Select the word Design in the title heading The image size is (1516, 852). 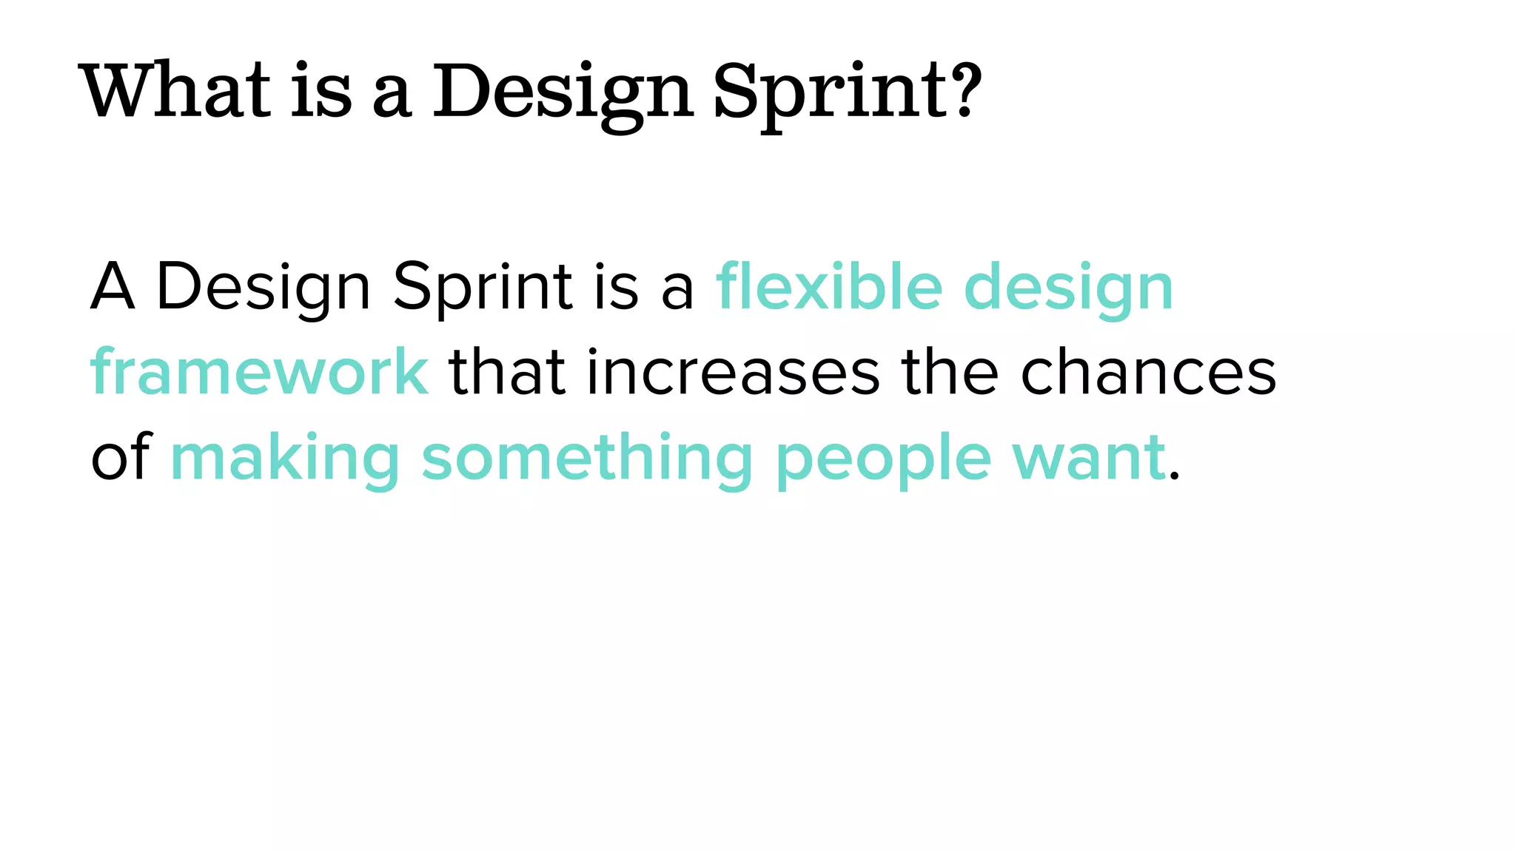pyautogui.click(x=563, y=92)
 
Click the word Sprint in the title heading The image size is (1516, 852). pyautogui.click(x=829, y=92)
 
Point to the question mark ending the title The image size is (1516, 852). pyautogui.click(x=965, y=90)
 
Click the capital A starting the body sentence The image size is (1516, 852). pyautogui.click(x=113, y=286)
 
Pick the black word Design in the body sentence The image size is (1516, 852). pyautogui.click(x=263, y=288)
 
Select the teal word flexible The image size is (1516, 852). pyautogui.click(x=829, y=286)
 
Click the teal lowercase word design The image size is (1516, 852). pyautogui.click(x=1069, y=288)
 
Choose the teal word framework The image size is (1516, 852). pyautogui.click(x=259, y=371)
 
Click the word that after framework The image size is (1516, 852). pyautogui.click(x=508, y=371)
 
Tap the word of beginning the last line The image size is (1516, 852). pyautogui.click(x=121, y=456)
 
